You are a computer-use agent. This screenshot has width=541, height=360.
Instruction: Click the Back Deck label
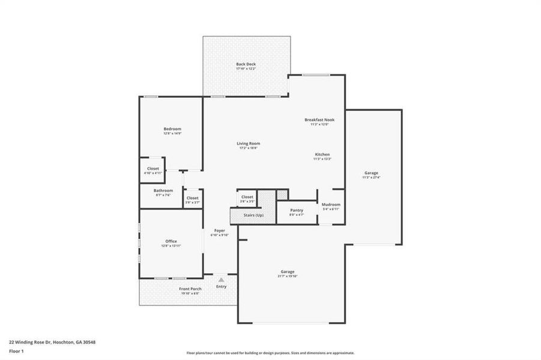[246, 64]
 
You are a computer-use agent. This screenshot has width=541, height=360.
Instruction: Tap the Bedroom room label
[172, 129]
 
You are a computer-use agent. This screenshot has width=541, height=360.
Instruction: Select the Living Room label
[248, 143]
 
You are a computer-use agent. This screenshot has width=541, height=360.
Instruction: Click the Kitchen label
[322, 154]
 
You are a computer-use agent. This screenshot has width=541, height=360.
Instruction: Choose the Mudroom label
[331, 205]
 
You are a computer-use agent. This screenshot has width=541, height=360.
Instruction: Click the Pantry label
[297, 210]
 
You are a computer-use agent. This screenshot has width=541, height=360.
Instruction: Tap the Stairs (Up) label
[252, 215]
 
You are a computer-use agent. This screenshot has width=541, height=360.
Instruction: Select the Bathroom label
[163, 190]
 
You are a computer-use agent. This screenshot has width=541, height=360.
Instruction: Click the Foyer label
[220, 230]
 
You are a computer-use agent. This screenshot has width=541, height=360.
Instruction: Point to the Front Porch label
[190, 289]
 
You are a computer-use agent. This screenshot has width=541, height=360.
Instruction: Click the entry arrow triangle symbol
[222, 280]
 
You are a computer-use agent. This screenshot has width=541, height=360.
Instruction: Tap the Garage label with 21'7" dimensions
[288, 271]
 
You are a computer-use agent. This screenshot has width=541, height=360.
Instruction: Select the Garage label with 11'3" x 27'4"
[370, 173]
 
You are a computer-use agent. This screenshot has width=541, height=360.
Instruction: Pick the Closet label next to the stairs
[247, 197]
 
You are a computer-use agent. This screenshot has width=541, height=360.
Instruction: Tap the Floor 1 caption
[16, 350]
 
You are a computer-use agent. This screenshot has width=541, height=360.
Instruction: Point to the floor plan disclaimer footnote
[270, 353]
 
